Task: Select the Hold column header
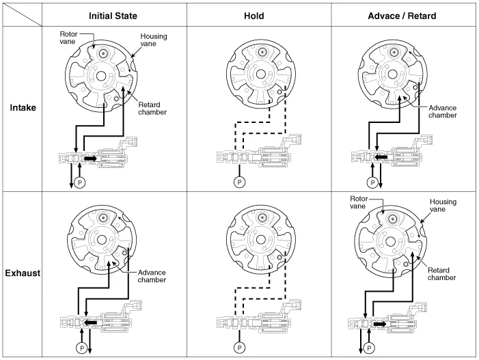pos(258,15)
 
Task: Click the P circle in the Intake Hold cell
pos(239,182)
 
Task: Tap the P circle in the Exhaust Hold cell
pos(239,348)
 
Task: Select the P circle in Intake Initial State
pos(79,182)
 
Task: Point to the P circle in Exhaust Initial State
pos(81,348)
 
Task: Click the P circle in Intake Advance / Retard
pos(372,182)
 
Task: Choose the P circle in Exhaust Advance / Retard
pos(370,348)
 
